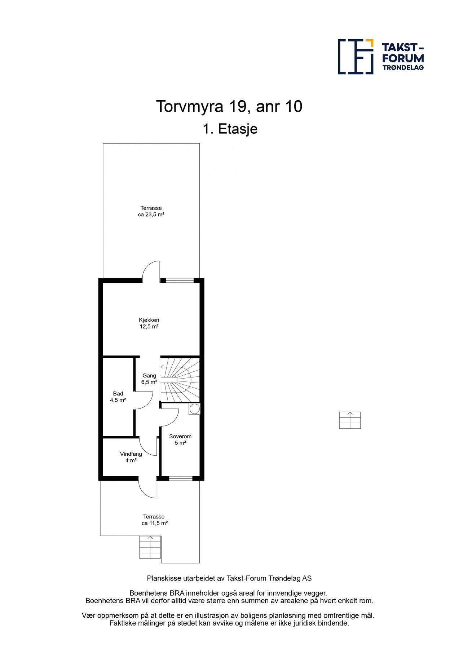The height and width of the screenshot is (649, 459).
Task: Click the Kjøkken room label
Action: pyautogui.click(x=149, y=323)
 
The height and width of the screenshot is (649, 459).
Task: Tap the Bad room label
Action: pyautogui.click(x=118, y=397)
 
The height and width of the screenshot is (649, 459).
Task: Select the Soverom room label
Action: pyautogui.click(x=180, y=440)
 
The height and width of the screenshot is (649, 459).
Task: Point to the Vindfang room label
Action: pyautogui.click(x=131, y=457)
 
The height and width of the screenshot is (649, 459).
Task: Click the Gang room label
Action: pyautogui.click(x=149, y=379)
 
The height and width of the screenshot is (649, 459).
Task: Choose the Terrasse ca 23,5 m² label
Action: pyautogui.click(x=151, y=211)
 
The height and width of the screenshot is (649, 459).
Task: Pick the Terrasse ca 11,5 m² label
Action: pyautogui.click(x=154, y=520)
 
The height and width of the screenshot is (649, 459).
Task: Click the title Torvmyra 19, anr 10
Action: pyautogui.click(x=229, y=106)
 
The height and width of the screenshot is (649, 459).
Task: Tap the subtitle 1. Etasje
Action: pyautogui.click(x=230, y=129)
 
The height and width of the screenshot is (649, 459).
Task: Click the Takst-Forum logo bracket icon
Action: pyautogui.click(x=356, y=57)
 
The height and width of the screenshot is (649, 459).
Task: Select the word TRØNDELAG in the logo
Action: pyautogui.click(x=403, y=67)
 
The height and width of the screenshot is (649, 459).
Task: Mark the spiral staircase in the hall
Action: pyautogui.click(x=180, y=379)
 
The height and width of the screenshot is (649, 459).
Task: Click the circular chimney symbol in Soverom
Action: pyautogui.click(x=194, y=409)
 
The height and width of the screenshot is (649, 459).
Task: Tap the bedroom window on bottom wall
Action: pyautogui.click(x=181, y=478)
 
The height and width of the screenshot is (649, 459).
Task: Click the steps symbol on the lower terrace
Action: pyautogui.click(x=150, y=547)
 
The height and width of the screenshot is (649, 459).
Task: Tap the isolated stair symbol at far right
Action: pyautogui.click(x=350, y=420)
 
